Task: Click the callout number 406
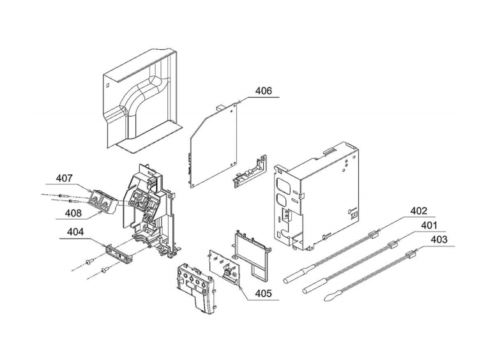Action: point(263,91)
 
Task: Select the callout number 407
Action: point(64,178)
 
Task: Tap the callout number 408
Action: point(73,213)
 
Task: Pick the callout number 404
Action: point(75,232)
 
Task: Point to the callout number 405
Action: point(263,293)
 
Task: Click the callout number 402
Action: point(419,211)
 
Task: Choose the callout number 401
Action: point(429,225)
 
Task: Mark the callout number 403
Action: point(439,239)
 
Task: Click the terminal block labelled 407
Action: point(103,202)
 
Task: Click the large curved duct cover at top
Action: point(142,100)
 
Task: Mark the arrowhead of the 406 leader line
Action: point(238,103)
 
